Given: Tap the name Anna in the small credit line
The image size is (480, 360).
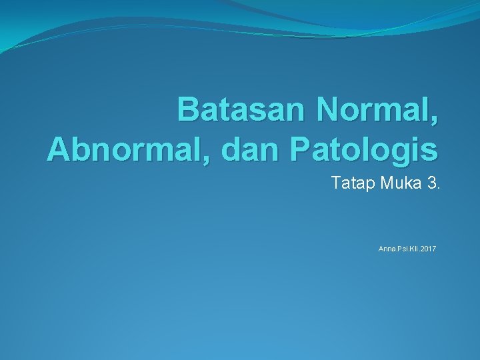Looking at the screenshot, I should (x=386, y=249).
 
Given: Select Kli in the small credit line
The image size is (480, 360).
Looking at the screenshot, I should (x=413, y=249).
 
